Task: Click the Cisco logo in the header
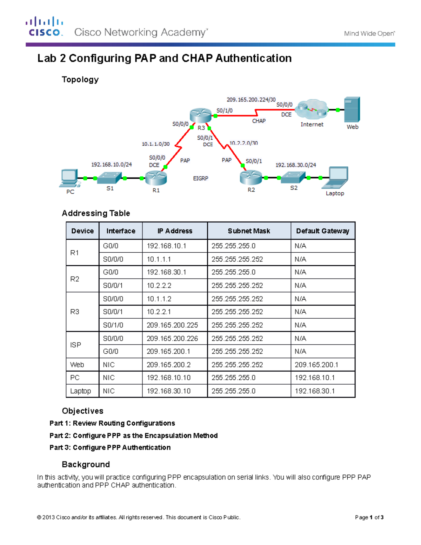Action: (44, 27)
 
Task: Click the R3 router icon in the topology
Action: (200, 115)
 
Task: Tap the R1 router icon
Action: (156, 178)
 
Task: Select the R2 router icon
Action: (251, 178)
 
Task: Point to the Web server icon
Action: (352, 109)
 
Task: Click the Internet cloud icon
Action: (311, 110)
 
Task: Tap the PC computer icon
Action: (69, 178)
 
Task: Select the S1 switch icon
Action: (109, 178)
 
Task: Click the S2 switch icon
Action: (293, 178)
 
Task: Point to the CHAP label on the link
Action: (259, 121)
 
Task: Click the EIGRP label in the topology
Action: (201, 179)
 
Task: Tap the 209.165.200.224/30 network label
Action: (251, 100)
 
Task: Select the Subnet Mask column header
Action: (249, 231)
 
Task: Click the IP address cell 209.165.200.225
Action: (172, 325)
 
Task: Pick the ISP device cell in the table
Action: (76, 345)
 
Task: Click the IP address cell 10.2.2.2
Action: (159, 286)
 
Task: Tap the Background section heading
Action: (86, 465)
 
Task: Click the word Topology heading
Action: (80, 80)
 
